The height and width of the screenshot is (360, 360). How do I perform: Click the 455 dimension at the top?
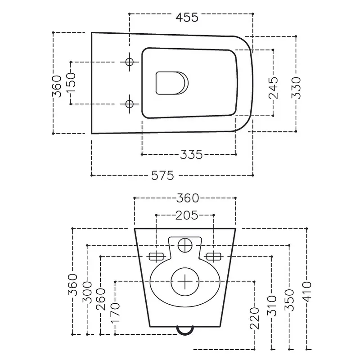187,18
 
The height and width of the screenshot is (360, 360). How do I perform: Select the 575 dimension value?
162,175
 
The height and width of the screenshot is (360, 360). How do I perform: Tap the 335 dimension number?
191,154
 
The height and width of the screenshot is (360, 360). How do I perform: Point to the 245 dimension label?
273,88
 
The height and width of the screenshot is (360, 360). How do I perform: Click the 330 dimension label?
296,88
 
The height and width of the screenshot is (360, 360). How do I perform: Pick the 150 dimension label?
71,83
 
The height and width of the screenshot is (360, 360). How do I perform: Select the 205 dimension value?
187,216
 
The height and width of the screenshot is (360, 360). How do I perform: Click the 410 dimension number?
307,292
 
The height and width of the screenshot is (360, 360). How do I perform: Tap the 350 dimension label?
289,300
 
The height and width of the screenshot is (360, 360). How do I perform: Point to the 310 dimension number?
272,306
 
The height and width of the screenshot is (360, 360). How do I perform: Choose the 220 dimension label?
254,318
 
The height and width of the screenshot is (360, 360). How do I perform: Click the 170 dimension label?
115,313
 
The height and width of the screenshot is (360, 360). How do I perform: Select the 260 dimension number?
100,299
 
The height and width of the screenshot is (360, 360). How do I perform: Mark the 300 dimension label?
87,292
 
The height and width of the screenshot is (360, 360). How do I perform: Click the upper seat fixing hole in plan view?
130,62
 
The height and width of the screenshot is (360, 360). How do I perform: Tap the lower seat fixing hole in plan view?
130,104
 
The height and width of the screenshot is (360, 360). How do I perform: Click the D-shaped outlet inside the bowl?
172,83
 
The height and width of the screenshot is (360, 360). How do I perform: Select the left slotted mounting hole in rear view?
156,256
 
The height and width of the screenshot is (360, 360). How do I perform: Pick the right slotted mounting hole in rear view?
214,256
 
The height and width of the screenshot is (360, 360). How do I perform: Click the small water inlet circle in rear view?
185,245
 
